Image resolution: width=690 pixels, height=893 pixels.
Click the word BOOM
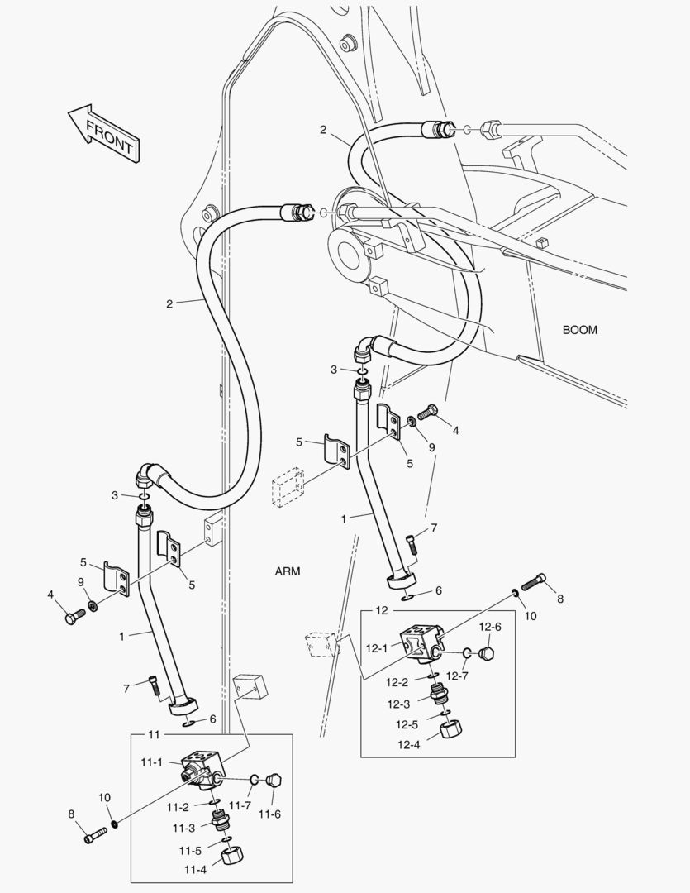coord(579,330)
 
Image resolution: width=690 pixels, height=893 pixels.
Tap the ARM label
coord(288,571)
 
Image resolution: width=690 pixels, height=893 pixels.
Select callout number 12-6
coord(491,628)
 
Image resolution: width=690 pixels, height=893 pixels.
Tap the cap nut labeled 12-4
coord(450,731)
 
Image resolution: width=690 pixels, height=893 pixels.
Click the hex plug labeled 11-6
coord(274,781)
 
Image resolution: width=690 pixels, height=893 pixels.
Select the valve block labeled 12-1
coord(422,642)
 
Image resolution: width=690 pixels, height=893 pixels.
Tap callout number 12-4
coord(408,744)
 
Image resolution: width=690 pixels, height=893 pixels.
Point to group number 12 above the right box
coord(381,610)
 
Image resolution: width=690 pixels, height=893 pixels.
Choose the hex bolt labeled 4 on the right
coord(427,411)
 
